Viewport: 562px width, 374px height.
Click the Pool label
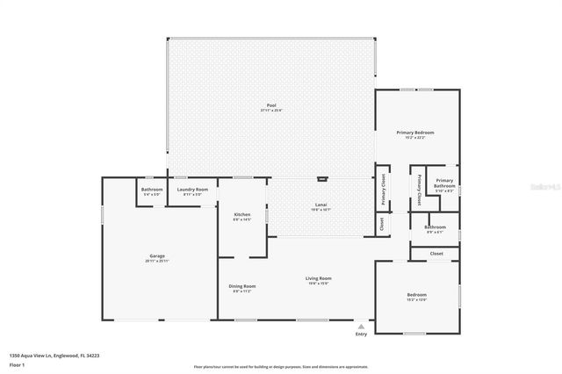tap(271, 105)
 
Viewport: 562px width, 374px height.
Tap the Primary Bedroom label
tap(417, 132)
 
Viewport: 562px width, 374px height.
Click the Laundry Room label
tap(192, 189)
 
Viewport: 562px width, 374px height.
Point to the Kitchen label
tap(242, 215)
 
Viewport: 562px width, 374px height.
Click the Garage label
tap(157, 256)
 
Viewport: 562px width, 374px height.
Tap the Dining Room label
tap(242, 285)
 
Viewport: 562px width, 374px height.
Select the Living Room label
tap(319, 278)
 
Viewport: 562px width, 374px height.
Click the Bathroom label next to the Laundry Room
tap(152, 189)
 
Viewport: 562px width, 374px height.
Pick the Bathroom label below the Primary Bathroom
tap(436, 227)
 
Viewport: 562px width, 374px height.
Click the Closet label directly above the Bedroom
tap(436, 253)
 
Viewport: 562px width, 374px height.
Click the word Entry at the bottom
tap(361, 334)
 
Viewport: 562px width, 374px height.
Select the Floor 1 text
tap(17, 364)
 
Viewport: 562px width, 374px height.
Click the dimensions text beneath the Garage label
tap(157, 262)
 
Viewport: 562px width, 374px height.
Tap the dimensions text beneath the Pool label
tap(271, 111)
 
